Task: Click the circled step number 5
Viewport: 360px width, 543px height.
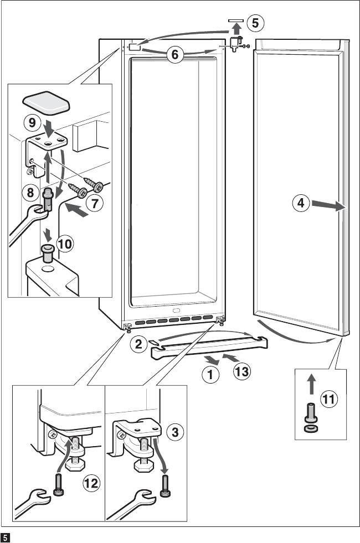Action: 255,23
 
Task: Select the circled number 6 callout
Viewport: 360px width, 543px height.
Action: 175,54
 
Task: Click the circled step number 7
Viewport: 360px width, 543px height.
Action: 95,203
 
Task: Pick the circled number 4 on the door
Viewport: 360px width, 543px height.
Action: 299,203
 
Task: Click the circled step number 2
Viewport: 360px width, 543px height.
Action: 139,344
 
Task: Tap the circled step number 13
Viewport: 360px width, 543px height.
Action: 241,371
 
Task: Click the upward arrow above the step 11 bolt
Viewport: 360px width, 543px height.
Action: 312,382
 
